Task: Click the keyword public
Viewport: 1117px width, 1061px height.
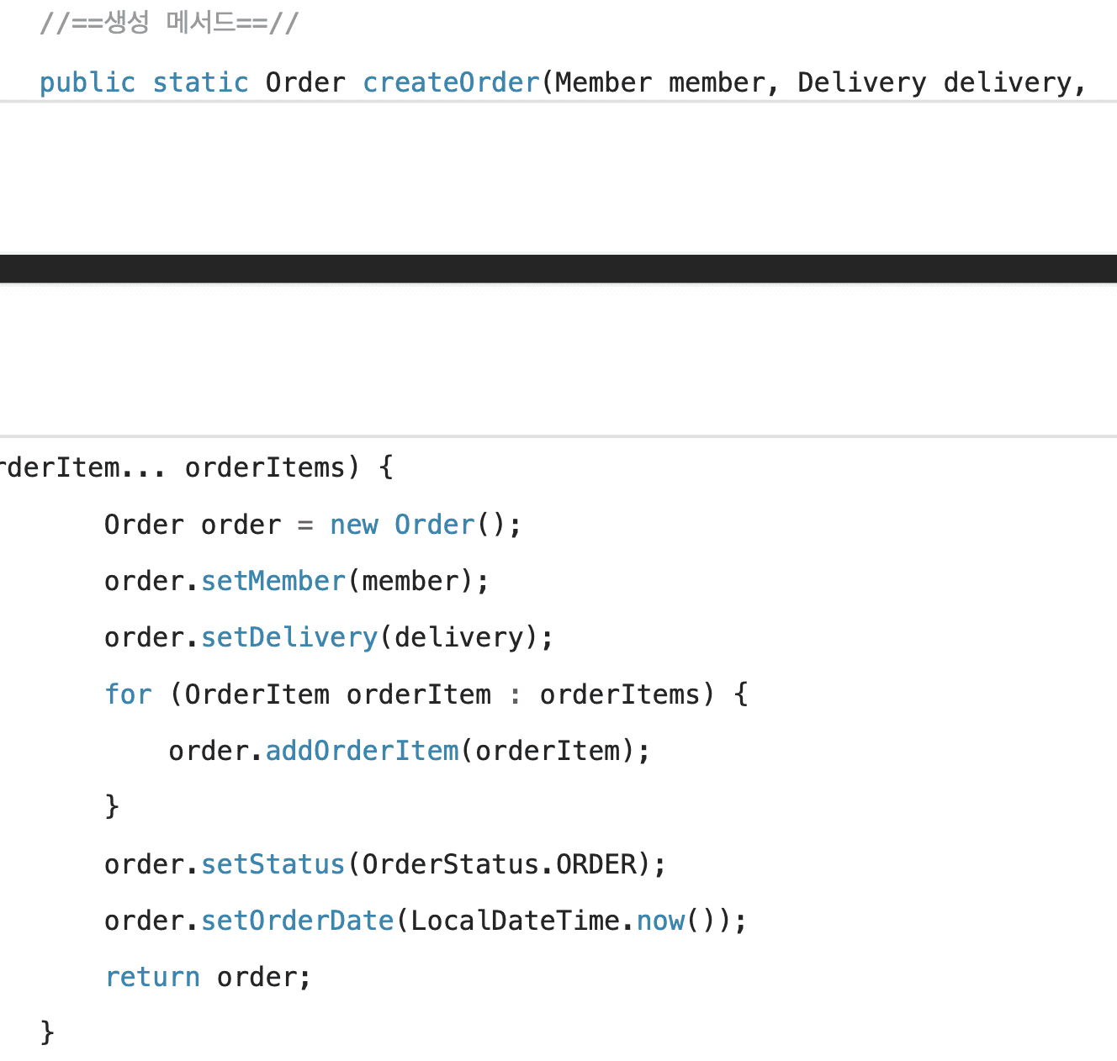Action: point(87,82)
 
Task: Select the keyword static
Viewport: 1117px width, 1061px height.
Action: point(200,82)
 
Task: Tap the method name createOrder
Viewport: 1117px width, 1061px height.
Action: point(451,82)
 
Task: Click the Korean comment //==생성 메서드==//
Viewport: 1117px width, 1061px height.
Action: point(169,23)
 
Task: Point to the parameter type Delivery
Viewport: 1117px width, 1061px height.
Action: point(861,82)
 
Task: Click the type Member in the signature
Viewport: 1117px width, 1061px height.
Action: point(603,82)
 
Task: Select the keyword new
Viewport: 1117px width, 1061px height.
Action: point(353,525)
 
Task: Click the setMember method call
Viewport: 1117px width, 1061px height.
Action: point(273,581)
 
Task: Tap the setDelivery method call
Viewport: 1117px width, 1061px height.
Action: point(289,637)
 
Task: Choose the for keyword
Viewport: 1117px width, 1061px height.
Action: point(128,694)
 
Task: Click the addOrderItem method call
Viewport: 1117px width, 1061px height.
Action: point(363,751)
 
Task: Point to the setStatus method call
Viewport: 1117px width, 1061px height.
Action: point(273,864)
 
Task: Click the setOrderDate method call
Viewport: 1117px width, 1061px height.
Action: point(298,921)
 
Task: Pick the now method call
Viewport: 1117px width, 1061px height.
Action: point(660,921)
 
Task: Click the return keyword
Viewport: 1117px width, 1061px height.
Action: point(152,977)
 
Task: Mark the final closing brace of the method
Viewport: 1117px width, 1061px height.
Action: point(47,1032)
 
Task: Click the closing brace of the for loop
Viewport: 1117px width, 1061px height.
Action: point(112,806)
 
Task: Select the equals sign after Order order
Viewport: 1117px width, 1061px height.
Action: point(305,525)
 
